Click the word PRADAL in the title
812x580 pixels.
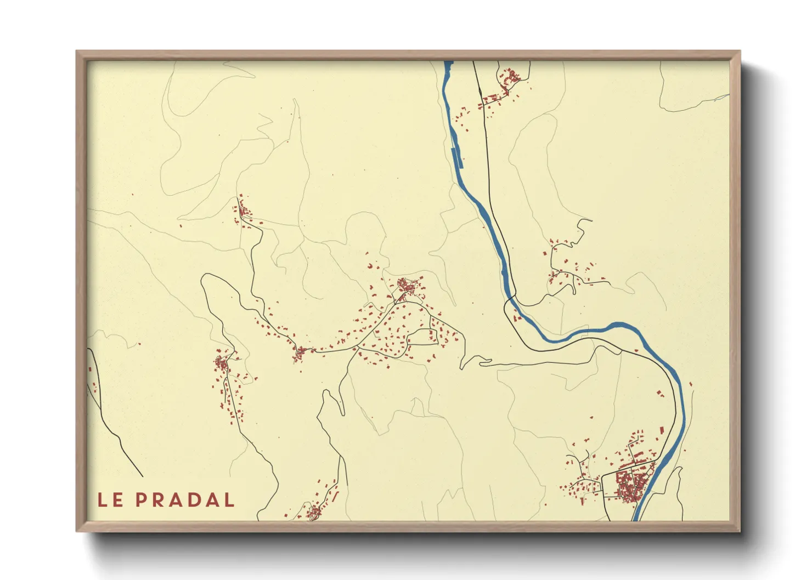(185, 500)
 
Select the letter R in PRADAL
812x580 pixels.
(159, 500)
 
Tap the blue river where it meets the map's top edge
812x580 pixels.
(448, 63)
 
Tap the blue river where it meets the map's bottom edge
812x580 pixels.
(636, 518)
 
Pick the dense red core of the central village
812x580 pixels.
(407, 286)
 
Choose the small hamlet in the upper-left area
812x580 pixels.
(242, 211)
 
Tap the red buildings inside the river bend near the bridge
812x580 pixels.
(516, 315)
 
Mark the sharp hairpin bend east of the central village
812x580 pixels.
(463, 366)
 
